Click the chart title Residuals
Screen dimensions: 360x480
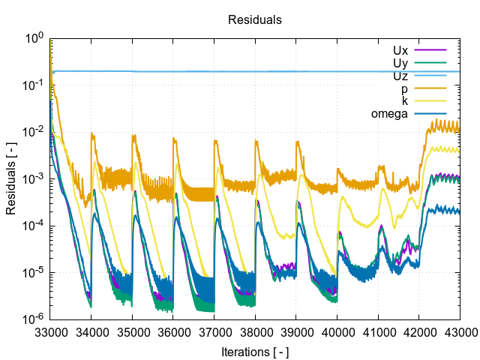(x=255, y=20)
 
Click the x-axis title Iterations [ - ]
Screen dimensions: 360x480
(x=255, y=351)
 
